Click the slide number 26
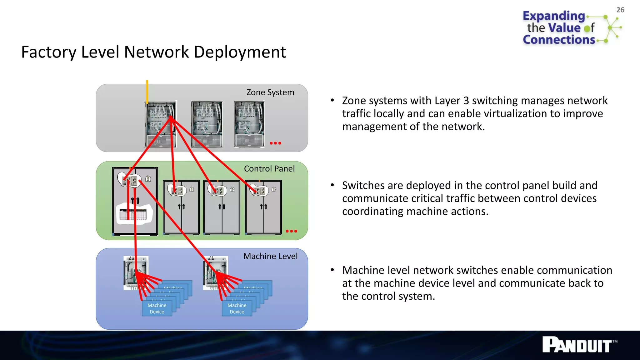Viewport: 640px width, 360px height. tap(620, 10)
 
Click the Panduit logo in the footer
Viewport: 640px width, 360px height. tap(579, 345)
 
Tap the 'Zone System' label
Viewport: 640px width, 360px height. tap(270, 92)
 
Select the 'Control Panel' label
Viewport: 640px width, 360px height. tap(269, 169)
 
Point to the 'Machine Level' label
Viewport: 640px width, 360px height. tap(270, 256)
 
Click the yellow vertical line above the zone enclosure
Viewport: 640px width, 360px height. tap(147, 91)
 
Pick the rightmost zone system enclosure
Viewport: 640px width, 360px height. tap(249, 124)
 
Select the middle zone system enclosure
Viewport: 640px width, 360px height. tap(207, 124)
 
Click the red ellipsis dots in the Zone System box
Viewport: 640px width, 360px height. tap(275, 143)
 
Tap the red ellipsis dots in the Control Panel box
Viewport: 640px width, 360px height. tap(291, 231)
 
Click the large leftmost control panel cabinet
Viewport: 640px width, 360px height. tap(135, 202)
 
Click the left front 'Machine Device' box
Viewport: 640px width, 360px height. tap(157, 308)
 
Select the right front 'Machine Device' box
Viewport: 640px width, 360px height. tap(237, 308)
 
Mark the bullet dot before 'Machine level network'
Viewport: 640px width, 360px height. tap(332, 270)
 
